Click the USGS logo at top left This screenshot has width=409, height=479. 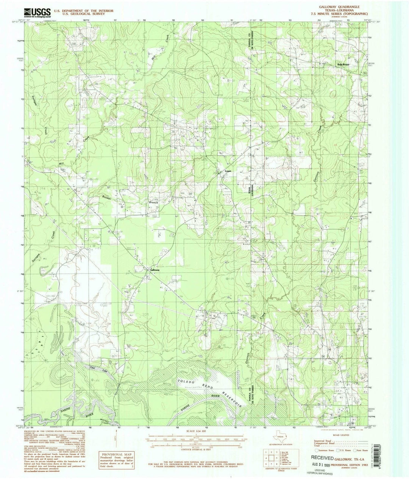[x=37, y=13]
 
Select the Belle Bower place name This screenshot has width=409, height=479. [x=343, y=64]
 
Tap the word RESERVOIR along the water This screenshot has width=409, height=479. [x=232, y=399]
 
